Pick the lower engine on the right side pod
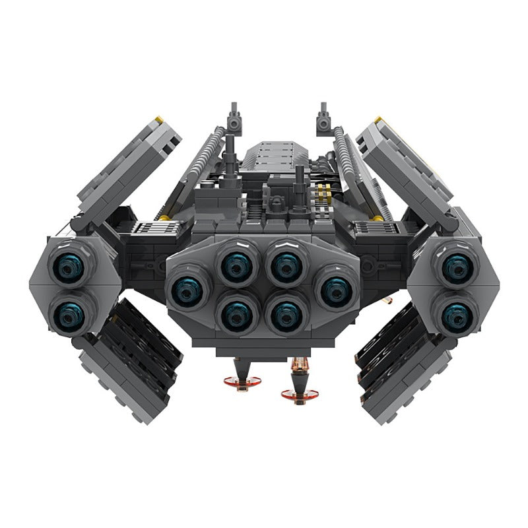pyautogui.click(x=456, y=315)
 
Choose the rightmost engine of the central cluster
pyautogui.click(x=336, y=290)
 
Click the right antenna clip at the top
pyautogui.click(x=323, y=119)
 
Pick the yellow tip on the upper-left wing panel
pyautogui.click(x=158, y=120)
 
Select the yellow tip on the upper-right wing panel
pyautogui.click(x=378, y=120)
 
